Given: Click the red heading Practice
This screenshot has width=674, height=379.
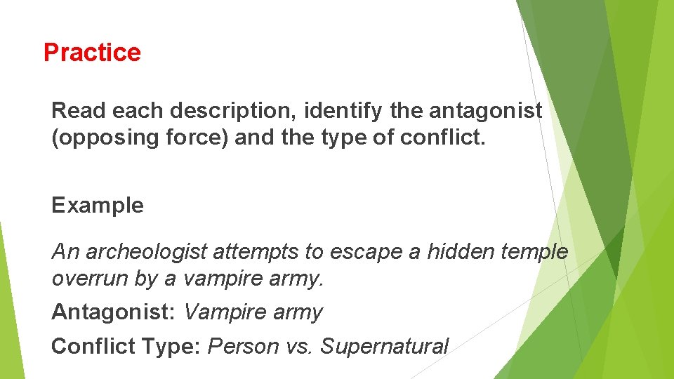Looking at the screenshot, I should [92, 53].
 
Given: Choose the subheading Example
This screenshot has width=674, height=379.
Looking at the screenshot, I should [98, 206].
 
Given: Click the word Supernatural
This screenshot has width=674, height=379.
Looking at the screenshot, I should [385, 346].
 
